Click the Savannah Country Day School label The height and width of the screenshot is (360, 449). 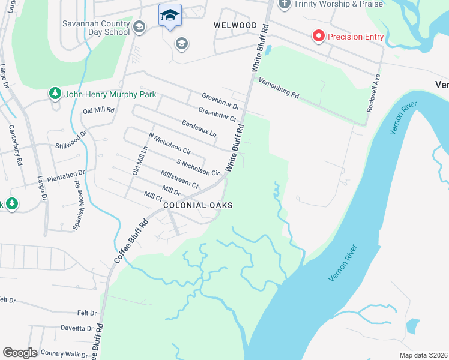pyautogui.click(x=96, y=28)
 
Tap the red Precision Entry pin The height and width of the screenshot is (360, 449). pyautogui.click(x=318, y=37)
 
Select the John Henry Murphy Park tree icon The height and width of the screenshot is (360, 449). pyautogui.click(x=55, y=94)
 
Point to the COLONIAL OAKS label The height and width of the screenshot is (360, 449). pyautogui.click(x=198, y=205)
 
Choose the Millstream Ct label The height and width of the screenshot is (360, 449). pyautogui.click(x=180, y=179)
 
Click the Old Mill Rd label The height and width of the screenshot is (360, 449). pyautogui.click(x=98, y=110)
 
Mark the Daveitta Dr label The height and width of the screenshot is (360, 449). pyautogui.click(x=76, y=328)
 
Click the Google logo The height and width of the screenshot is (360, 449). pyautogui.click(x=20, y=353)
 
